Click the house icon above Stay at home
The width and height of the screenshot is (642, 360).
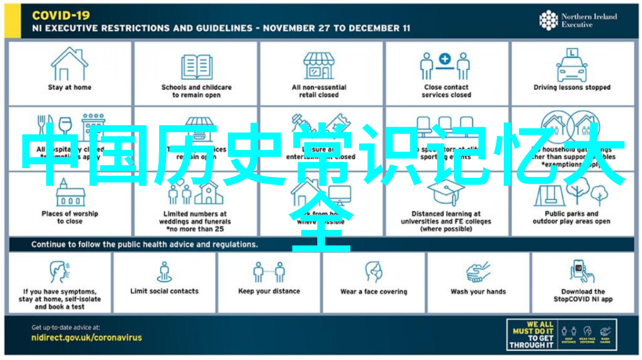(70, 64)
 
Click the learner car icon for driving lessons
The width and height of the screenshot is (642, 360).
(572, 65)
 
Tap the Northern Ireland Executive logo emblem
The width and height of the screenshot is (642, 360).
(548, 20)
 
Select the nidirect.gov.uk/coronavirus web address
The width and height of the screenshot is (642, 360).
(87, 337)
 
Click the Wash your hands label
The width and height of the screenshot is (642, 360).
(478, 292)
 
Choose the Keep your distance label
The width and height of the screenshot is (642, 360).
(269, 291)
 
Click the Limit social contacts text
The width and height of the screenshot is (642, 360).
(164, 291)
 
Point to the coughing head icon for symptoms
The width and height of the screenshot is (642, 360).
(59, 272)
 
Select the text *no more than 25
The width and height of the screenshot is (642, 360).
(195, 229)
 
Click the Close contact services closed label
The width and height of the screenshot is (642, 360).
(446, 91)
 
